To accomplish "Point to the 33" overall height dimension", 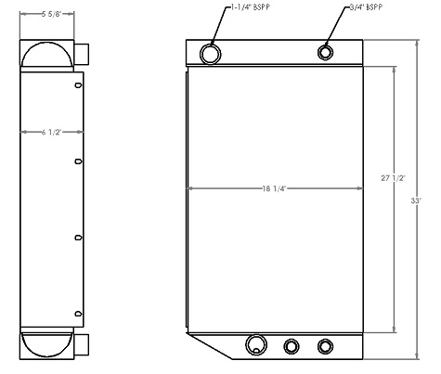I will pyautogui.click(x=416, y=200).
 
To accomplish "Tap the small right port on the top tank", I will pyautogui.click(x=327, y=52).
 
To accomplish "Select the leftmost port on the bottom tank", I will pyautogui.click(x=256, y=345).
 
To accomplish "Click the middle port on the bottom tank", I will pyautogui.click(x=292, y=346).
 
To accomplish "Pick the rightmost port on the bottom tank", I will pyautogui.click(x=324, y=346).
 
